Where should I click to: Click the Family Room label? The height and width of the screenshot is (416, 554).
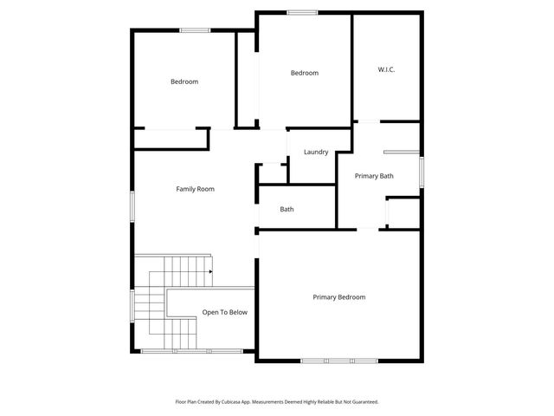(x=195, y=189)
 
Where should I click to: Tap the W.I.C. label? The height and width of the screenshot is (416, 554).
(x=386, y=69)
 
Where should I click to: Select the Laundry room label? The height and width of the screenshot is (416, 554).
(x=316, y=153)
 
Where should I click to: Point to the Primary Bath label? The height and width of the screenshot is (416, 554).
(x=374, y=176)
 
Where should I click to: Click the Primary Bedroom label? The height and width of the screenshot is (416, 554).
(x=339, y=297)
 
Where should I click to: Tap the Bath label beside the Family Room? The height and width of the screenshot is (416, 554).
(x=287, y=210)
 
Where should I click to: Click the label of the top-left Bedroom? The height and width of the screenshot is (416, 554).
(x=184, y=82)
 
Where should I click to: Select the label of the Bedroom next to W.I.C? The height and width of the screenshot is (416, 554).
(x=304, y=73)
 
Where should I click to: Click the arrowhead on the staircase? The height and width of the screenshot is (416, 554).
(x=209, y=271)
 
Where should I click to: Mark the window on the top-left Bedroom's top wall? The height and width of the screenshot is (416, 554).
(x=195, y=30)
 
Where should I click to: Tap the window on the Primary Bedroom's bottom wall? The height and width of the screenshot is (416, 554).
(x=338, y=360)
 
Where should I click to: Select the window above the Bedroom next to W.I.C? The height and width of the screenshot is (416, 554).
(x=301, y=12)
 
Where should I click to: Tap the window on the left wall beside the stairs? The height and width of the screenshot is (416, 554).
(x=132, y=305)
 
